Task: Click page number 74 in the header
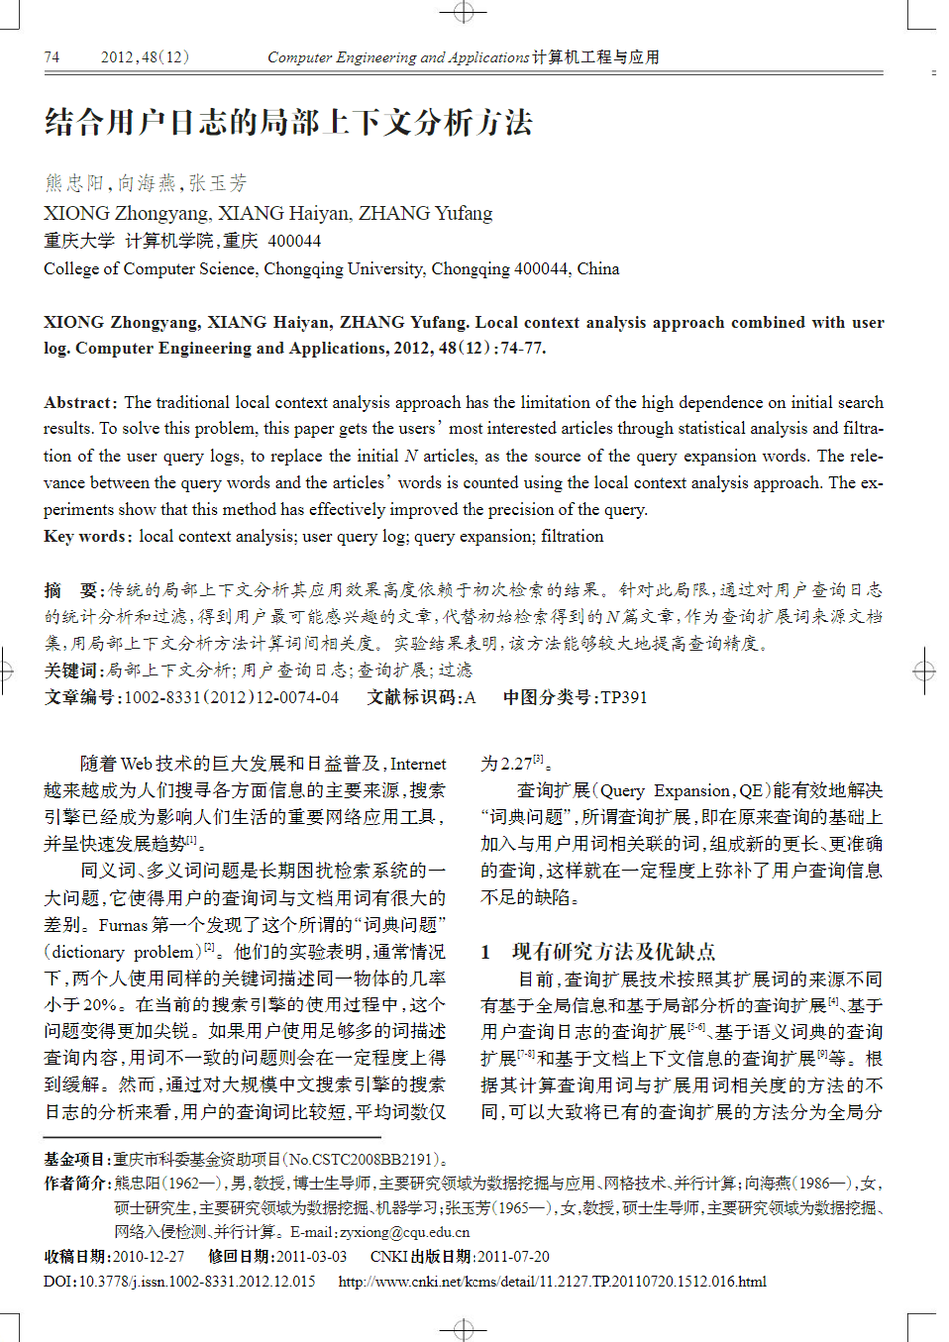coord(52,57)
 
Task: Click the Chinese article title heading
coord(289,122)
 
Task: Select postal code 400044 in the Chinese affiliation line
coord(295,241)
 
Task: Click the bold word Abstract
coord(80,402)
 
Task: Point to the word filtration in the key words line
coord(572,536)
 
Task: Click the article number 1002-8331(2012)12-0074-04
coord(231,697)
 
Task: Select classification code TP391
coord(624,697)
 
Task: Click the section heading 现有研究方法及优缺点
coord(613,951)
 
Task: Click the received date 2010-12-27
coord(148,1256)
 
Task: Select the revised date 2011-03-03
coord(311,1256)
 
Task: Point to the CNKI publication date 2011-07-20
coord(513,1256)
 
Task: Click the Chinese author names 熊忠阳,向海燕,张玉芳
coord(145,183)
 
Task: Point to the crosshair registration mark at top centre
coord(464,12)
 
